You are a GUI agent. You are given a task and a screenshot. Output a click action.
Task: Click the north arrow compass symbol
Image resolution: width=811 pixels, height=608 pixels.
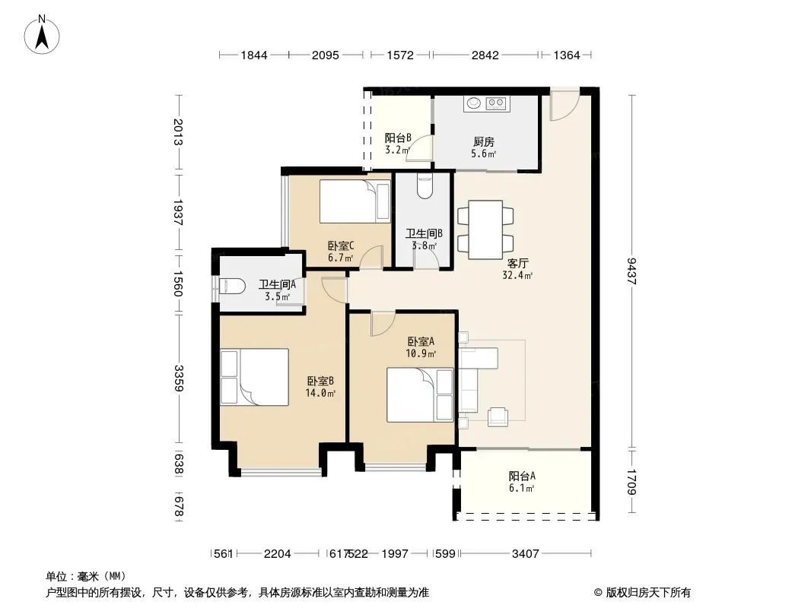[42, 35]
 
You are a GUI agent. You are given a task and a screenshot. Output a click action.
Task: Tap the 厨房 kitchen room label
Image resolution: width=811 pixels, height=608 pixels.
[484, 141]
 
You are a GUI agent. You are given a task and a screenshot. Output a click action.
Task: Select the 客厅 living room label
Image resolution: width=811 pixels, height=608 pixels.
[518, 264]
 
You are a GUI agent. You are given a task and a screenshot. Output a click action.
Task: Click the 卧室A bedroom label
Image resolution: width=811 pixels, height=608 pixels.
[421, 341]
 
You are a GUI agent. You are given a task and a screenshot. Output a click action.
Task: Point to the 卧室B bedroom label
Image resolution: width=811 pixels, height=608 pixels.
[320, 382]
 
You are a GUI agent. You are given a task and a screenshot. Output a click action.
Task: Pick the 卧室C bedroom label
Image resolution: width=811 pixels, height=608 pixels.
[341, 245]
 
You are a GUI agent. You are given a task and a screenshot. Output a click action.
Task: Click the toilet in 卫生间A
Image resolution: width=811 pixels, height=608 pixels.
[231, 287]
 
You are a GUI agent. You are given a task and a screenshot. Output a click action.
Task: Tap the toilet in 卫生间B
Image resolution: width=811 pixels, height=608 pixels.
[424, 187]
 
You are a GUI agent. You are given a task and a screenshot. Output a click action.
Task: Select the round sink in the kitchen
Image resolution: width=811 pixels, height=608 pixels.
[474, 103]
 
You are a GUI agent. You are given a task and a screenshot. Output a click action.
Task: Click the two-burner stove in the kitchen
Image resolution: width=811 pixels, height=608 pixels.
[497, 103]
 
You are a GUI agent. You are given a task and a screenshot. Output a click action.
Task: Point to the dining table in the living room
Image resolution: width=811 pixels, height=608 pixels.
[485, 230]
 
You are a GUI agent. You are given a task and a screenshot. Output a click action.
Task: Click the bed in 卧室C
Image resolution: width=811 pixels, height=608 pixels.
[355, 201]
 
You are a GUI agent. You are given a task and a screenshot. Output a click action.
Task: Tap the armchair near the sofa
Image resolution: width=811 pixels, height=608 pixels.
[498, 417]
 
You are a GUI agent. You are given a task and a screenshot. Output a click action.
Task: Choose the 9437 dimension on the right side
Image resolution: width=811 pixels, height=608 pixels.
[631, 271]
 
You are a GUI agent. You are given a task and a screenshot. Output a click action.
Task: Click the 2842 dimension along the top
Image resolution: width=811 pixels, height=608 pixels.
[485, 55]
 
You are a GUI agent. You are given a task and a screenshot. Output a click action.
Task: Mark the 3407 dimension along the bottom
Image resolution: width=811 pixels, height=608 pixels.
[526, 554]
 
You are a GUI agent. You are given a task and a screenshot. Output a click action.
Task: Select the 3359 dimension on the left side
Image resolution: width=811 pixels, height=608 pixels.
[179, 378]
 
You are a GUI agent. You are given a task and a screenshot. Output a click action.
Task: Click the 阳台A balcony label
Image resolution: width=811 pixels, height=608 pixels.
[522, 476]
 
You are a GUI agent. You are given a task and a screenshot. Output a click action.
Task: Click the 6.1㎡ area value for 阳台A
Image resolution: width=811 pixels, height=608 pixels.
[521, 488]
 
